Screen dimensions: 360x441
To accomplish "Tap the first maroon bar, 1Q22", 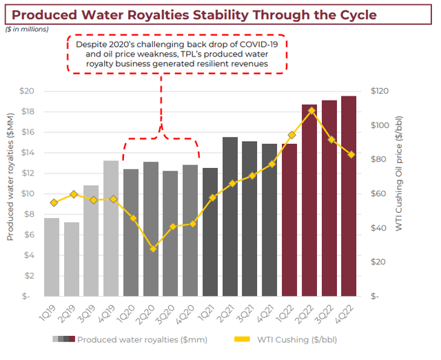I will [289, 220].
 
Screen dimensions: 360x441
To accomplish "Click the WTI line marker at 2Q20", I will [153, 248].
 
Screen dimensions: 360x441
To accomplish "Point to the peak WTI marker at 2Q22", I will [311, 110].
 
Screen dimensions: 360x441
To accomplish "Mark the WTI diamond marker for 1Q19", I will [54, 202].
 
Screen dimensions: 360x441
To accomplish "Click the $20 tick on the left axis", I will [27, 91].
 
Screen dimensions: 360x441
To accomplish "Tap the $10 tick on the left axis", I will [27, 193].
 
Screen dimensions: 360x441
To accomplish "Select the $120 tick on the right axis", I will [380, 91].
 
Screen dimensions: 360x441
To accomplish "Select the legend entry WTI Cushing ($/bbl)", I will [297, 339].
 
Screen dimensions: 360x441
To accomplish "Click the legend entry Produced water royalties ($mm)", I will [142, 339].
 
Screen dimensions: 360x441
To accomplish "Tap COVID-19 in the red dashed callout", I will [262, 43].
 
